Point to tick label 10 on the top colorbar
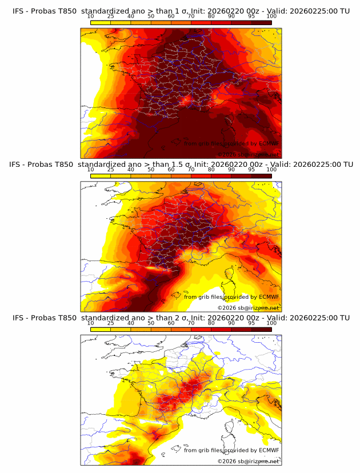91,16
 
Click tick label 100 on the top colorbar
271,16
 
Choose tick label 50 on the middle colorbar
151,170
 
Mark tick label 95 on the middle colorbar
251,170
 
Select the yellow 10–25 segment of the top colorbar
101,22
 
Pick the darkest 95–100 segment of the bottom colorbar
262,330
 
